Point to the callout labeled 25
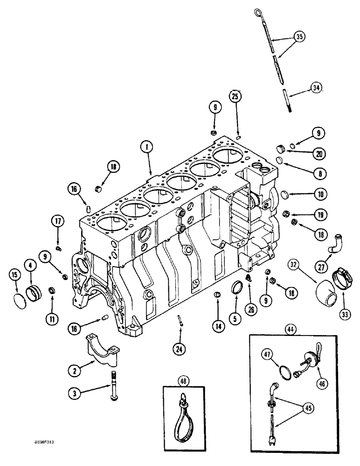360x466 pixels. point(235,97)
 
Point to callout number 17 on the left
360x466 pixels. point(58,223)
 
